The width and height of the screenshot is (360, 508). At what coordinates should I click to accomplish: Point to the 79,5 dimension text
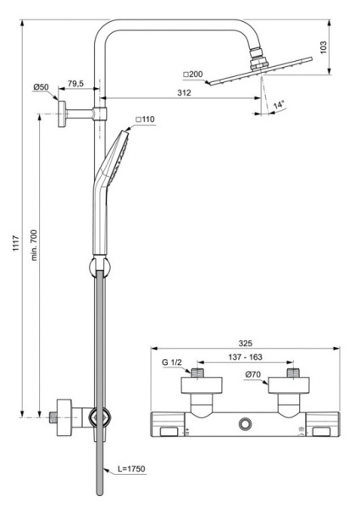pyautogui.click(x=75, y=83)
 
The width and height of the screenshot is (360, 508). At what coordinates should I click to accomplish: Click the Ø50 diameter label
pyautogui.click(x=42, y=88)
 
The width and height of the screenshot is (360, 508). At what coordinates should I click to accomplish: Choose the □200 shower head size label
pyautogui.click(x=193, y=75)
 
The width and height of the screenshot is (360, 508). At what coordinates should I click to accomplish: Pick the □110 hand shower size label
pyautogui.click(x=147, y=120)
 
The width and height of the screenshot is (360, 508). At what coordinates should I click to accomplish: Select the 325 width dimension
pyautogui.click(x=245, y=345)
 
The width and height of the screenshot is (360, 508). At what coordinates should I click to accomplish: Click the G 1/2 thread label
pyautogui.click(x=171, y=362)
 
